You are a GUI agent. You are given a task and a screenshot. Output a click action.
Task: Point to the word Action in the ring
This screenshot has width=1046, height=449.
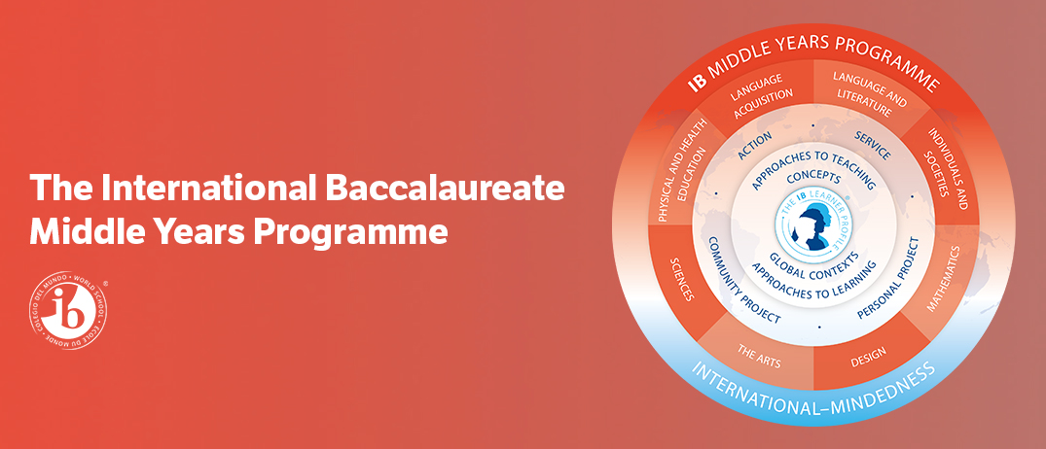[755, 147]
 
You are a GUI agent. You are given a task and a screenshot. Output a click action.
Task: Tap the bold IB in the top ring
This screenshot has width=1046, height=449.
[698, 83]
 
